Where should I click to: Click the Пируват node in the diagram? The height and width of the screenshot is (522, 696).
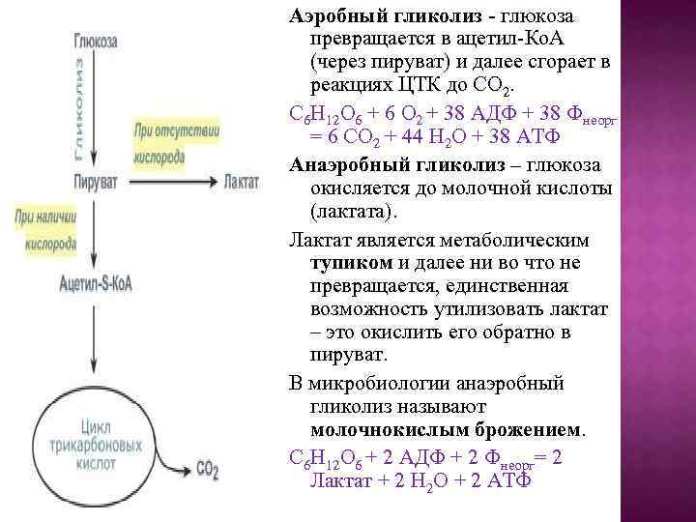click(95, 181)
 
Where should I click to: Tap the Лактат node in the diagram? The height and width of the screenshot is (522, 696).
click(239, 181)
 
